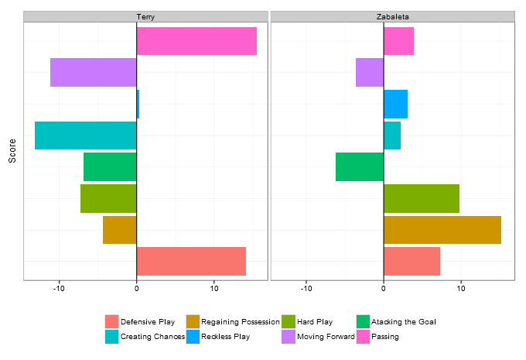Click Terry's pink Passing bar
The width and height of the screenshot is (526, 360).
(x=196, y=41)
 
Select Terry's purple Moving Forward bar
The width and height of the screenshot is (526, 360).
(x=94, y=72)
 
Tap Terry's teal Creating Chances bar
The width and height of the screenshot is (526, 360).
(x=86, y=135)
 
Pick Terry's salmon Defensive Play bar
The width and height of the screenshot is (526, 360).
(x=191, y=261)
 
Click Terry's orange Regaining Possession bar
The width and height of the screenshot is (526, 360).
(x=120, y=230)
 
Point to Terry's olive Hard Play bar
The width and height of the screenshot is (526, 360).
(x=108, y=198)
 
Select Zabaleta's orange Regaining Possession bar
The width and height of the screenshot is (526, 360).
(x=442, y=230)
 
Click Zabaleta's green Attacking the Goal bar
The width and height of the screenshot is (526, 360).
(x=360, y=166)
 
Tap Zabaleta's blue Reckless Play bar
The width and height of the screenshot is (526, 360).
(x=395, y=104)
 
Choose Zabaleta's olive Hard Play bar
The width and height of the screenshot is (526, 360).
(x=422, y=198)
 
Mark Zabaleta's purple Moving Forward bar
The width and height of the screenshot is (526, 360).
(x=370, y=72)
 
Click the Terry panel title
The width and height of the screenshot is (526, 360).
(x=145, y=16)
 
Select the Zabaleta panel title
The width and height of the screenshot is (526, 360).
(x=392, y=16)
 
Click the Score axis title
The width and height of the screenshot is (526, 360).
(x=12, y=150)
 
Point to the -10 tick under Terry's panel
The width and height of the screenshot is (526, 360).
(x=59, y=290)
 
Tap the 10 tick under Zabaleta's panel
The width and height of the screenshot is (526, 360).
(x=461, y=290)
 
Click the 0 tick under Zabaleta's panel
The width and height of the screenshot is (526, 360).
(x=384, y=290)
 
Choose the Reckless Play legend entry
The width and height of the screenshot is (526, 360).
(x=225, y=337)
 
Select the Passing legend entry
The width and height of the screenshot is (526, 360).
(x=385, y=337)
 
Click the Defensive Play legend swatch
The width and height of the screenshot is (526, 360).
(x=112, y=321)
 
